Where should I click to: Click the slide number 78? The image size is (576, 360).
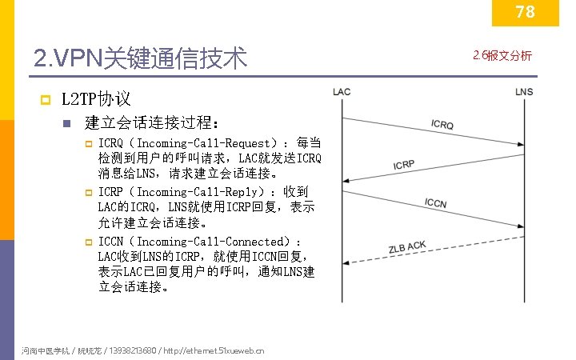click(525, 11)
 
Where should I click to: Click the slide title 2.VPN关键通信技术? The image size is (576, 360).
click(141, 58)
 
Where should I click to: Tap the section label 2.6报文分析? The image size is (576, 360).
click(502, 55)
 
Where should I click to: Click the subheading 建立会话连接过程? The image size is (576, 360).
click(152, 123)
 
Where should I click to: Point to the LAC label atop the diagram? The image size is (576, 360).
click(342, 92)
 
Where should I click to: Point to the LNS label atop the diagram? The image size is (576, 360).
click(524, 92)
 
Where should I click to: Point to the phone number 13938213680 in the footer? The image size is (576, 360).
click(132, 350)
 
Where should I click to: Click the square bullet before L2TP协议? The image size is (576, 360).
click(46, 100)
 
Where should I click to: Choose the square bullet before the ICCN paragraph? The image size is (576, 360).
click(90, 242)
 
